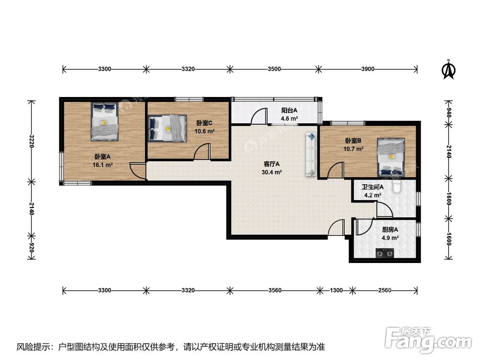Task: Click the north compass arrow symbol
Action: (x=448, y=70)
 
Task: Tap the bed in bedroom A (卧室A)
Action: (x=104, y=121)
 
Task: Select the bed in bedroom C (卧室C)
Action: (x=168, y=128)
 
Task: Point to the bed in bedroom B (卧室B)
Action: (x=391, y=157)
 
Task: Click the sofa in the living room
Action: (x=311, y=154)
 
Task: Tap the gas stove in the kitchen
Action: (x=385, y=253)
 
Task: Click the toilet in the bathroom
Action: (x=397, y=186)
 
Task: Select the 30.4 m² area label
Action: (x=272, y=172)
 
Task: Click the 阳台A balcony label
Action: (x=289, y=110)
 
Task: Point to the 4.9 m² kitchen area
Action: (x=390, y=238)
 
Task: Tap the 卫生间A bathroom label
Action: (x=372, y=187)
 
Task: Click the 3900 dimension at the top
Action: (x=368, y=69)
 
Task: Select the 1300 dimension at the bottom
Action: (x=336, y=290)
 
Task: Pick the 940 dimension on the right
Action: (x=448, y=112)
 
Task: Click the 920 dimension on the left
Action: (x=31, y=247)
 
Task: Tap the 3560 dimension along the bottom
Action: (x=275, y=290)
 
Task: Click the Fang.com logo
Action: (x=428, y=339)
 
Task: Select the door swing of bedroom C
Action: (x=202, y=151)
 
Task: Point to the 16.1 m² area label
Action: (x=103, y=165)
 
